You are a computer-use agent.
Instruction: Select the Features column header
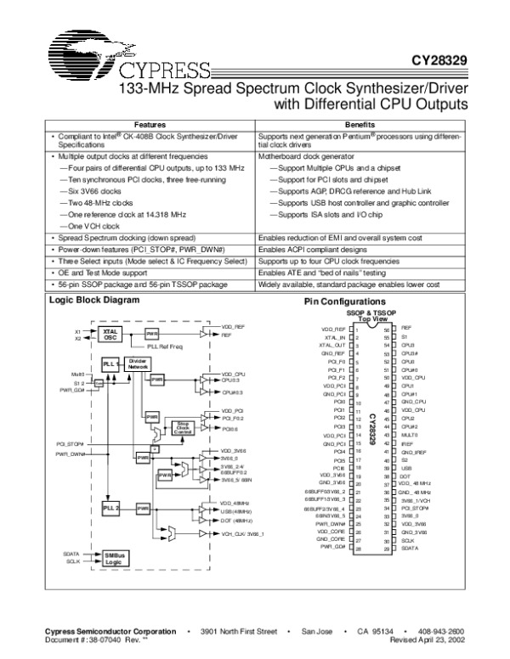click(x=149, y=124)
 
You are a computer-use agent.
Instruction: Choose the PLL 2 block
click(x=110, y=506)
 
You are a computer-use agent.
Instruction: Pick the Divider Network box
click(x=137, y=363)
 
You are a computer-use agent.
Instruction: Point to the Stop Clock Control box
click(x=181, y=426)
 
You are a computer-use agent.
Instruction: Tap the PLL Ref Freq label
click(x=163, y=346)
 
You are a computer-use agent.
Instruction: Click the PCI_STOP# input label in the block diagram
click(x=70, y=443)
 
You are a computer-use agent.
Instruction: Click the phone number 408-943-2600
click(x=439, y=633)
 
